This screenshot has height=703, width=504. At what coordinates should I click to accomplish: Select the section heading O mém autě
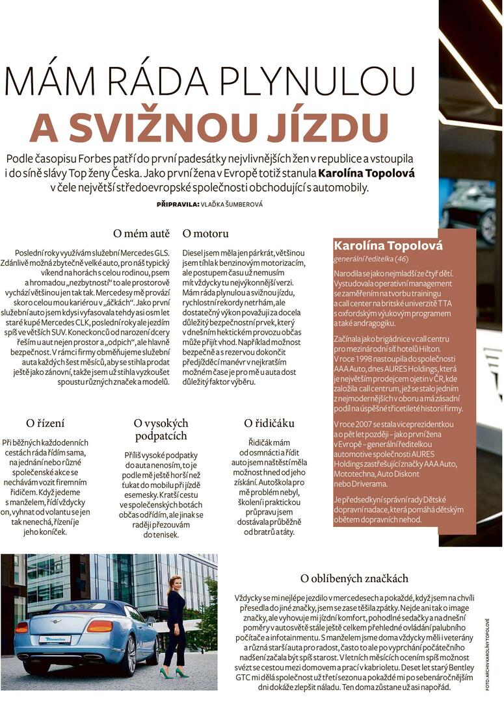pos(141,233)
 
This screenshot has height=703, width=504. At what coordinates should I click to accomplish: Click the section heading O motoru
pos(206,233)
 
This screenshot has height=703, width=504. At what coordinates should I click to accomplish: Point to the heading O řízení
pos(46,424)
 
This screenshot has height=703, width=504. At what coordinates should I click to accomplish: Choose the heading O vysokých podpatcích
pos(161,429)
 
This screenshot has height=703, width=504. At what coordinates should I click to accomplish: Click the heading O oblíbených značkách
pos(354,578)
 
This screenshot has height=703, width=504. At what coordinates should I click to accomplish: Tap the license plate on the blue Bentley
pos(54,639)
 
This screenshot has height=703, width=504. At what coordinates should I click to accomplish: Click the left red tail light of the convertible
pos(22,628)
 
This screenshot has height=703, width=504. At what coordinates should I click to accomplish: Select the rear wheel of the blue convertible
pos(128,658)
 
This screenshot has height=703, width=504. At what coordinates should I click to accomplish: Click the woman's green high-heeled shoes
pos(174,673)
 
